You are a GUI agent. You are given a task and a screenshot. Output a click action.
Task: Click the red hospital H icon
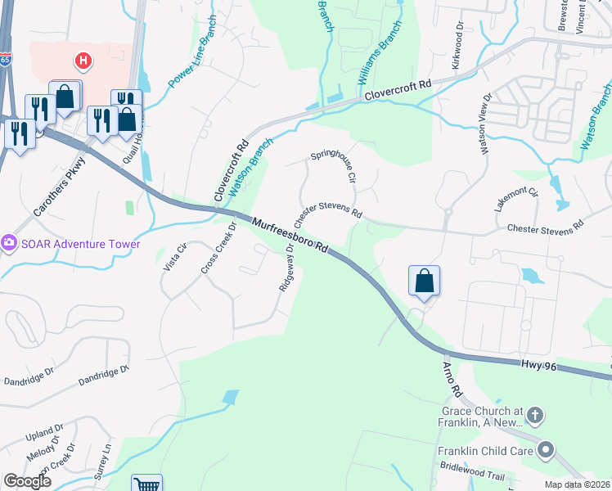coord(83,61)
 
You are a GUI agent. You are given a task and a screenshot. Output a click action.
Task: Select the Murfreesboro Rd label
coord(290,236)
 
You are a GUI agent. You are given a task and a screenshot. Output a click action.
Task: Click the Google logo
coord(28,481)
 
